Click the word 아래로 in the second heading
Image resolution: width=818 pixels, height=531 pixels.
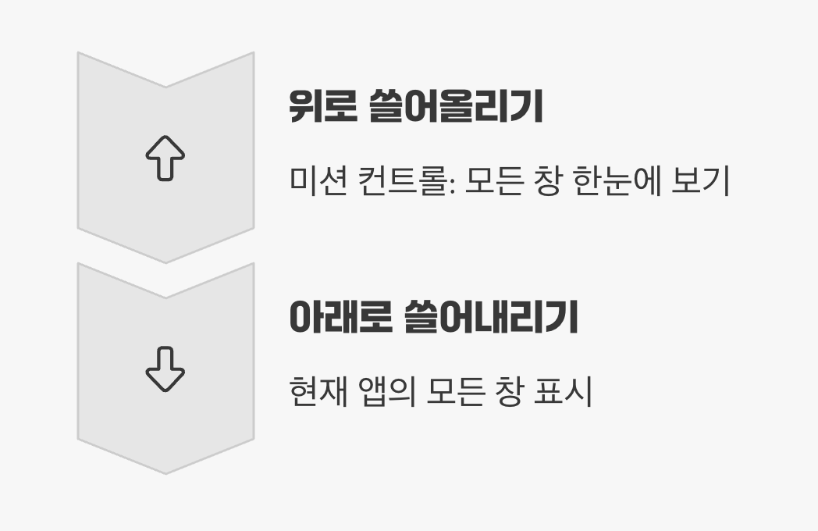click(340, 317)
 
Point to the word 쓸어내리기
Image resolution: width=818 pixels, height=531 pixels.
click(491, 317)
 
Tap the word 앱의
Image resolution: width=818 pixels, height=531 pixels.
click(389, 392)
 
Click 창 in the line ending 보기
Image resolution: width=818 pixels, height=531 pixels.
click(547, 182)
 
